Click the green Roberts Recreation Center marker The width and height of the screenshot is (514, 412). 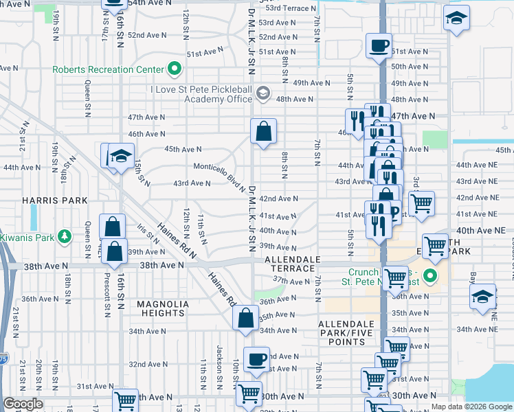(x=175, y=69)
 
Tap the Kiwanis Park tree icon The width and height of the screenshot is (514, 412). (x=65, y=236)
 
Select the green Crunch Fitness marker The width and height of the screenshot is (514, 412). (x=431, y=277)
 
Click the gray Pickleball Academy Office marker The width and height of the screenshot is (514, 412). (x=262, y=93)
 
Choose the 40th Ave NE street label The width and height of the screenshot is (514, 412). (x=484, y=231)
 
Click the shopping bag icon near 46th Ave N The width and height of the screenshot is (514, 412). (x=263, y=130)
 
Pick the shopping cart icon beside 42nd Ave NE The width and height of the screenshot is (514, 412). (x=421, y=203)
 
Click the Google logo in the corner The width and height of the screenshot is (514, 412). (x=23, y=404)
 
